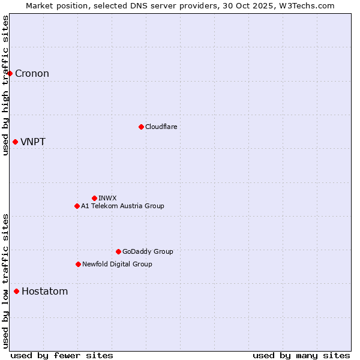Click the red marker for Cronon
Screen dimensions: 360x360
point(10,74)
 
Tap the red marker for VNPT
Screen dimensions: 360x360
point(16,142)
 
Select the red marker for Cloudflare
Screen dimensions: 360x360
point(141,127)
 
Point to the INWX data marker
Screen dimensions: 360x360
point(94,198)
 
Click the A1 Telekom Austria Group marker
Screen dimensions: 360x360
point(77,206)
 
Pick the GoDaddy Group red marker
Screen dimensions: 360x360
point(118,251)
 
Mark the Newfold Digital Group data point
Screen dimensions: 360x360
point(78,264)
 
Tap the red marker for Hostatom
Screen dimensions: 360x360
point(16,292)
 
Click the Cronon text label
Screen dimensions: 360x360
point(32,74)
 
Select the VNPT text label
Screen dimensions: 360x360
point(33,142)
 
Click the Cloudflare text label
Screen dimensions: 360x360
point(161,127)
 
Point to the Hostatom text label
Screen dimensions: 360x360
point(44,292)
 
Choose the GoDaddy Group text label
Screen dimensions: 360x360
point(148,251)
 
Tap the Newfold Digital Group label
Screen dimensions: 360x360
point(117,264)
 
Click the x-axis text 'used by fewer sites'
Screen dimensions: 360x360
point(62,355)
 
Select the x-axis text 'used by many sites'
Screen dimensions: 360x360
point(301,355)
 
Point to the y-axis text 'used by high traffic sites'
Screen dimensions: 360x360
point(5,85)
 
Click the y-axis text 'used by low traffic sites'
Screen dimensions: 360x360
point(5,281)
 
